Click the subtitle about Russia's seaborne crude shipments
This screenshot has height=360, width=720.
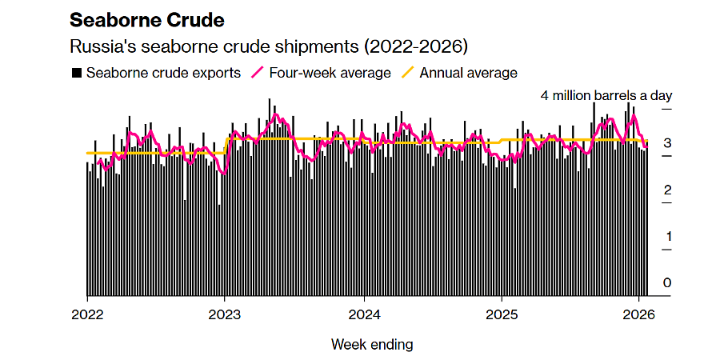[269, 46]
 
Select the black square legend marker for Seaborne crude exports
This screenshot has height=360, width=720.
[77, 73]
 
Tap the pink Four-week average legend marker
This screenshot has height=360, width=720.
[258, 73]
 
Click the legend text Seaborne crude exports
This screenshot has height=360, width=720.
[163, 73]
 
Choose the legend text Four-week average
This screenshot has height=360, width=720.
[330, 73]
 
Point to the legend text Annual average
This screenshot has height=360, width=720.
[469, 73]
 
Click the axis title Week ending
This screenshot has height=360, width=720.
[372, 345]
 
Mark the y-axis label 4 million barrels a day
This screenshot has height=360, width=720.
[606, 95]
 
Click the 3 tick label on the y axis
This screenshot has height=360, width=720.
[666, 143]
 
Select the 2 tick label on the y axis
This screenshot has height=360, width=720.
[666, 190]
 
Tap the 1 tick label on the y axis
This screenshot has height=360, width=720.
[666, 236]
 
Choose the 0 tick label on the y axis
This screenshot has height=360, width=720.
[666, 282]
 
